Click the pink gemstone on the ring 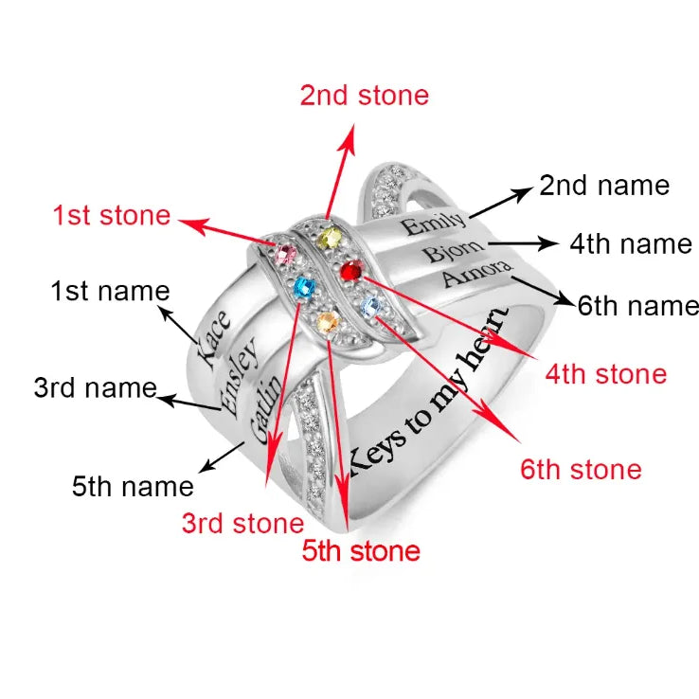[285, 254]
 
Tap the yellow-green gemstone [330, 238]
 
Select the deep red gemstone [352, 270]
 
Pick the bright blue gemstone [305, 288]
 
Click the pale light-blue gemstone [371, 307]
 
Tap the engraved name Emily [433, 223]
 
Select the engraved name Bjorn [453, 251]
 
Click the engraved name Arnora [476, 273]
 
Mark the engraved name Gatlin [266, 409]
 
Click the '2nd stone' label [365, 96]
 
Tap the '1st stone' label [112, 215]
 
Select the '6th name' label [638, 306]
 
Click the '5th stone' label [361, 551]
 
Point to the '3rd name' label [96, 387]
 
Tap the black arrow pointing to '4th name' [523, 243]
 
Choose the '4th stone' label [606, 374]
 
